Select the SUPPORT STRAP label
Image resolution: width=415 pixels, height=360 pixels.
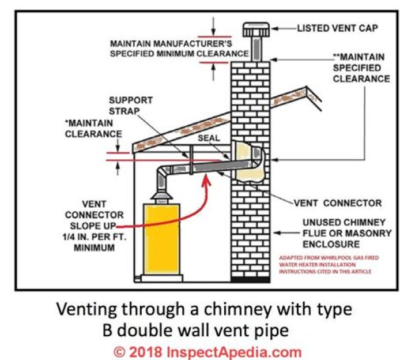[130, 104]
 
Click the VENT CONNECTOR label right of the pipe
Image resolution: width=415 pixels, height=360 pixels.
[338, 202]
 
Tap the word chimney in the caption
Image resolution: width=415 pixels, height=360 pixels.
[240, 309]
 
